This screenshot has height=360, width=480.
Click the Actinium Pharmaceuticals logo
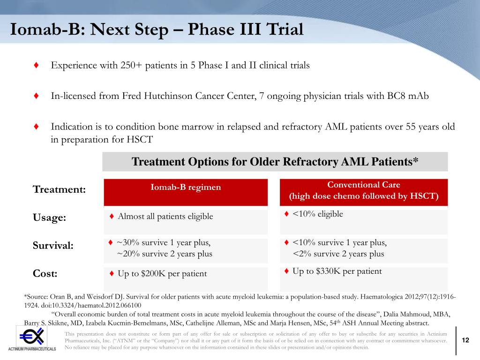click(32, 339)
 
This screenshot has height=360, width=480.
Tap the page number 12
click(465, 340)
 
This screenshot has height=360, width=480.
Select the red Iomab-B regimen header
click(186, 192)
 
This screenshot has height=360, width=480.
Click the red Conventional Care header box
click(364, 192)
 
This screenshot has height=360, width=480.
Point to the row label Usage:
click(49, 217)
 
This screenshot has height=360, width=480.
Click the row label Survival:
click(53, 246)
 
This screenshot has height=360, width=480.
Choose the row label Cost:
click(45, 273)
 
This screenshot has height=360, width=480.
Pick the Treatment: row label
click(59, 189)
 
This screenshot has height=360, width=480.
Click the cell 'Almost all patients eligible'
click(165, 217)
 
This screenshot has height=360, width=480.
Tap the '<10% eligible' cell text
click(318, 214)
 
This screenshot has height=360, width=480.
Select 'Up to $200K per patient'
click(162, 274)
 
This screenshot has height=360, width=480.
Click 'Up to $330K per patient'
click(337, 271)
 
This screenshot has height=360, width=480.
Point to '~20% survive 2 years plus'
click(165, 254)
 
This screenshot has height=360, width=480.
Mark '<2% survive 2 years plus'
click(338, 254)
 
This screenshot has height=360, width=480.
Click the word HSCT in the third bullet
click(140, 140)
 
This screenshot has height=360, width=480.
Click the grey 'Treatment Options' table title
click(275, 162)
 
